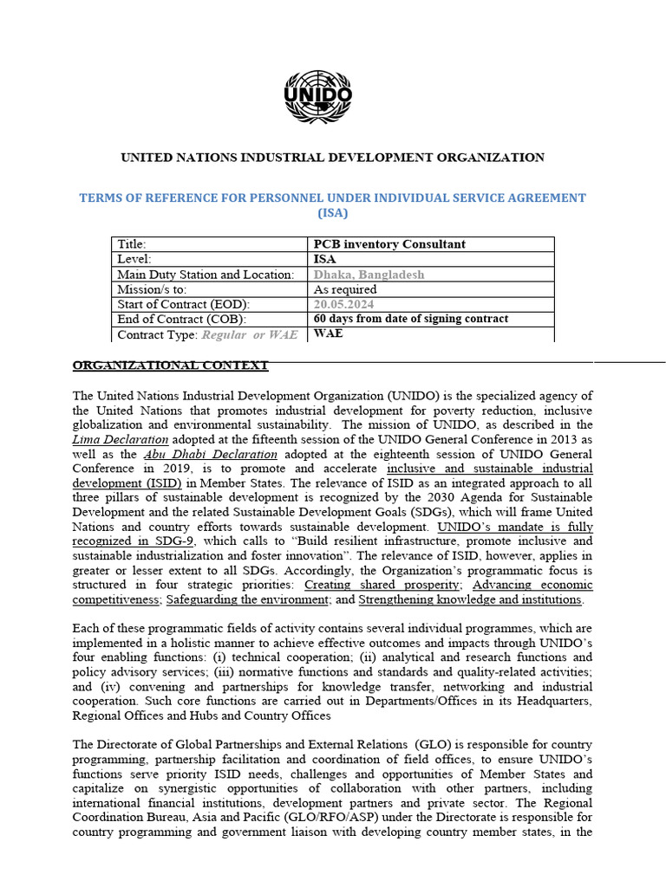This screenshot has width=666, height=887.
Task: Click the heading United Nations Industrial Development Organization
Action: coord(332,158)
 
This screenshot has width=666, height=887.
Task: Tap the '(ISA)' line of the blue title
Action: coord(332,213)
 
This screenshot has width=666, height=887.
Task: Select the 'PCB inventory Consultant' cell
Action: coord(389,244)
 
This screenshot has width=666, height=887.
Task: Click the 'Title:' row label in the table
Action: coord(132,244)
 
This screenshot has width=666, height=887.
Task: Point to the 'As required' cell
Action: coord(345,289)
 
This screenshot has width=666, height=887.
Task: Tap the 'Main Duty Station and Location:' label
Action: coord(206,275)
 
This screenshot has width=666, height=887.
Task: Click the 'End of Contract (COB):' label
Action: coord(182,319)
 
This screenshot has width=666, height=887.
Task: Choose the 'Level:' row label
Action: coord(134,259)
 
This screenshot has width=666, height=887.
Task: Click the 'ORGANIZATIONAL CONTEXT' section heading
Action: coord(170,366)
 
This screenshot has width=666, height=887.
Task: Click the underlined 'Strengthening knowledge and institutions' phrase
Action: coord(471,600)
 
